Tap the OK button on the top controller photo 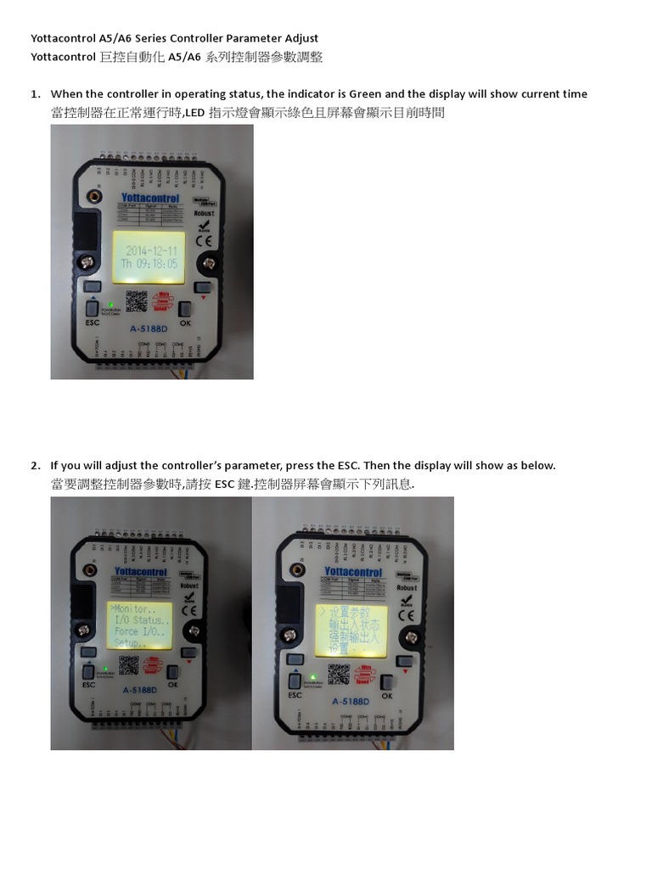[185, 311]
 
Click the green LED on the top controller [110, 303]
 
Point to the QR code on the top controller [137, 301]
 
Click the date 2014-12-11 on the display [151, 251]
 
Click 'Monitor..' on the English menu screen [132, 609]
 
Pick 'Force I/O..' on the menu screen [137, 632]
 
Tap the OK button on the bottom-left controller [173, 672]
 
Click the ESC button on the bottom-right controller [295, 681]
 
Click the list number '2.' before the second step [36, 466]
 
